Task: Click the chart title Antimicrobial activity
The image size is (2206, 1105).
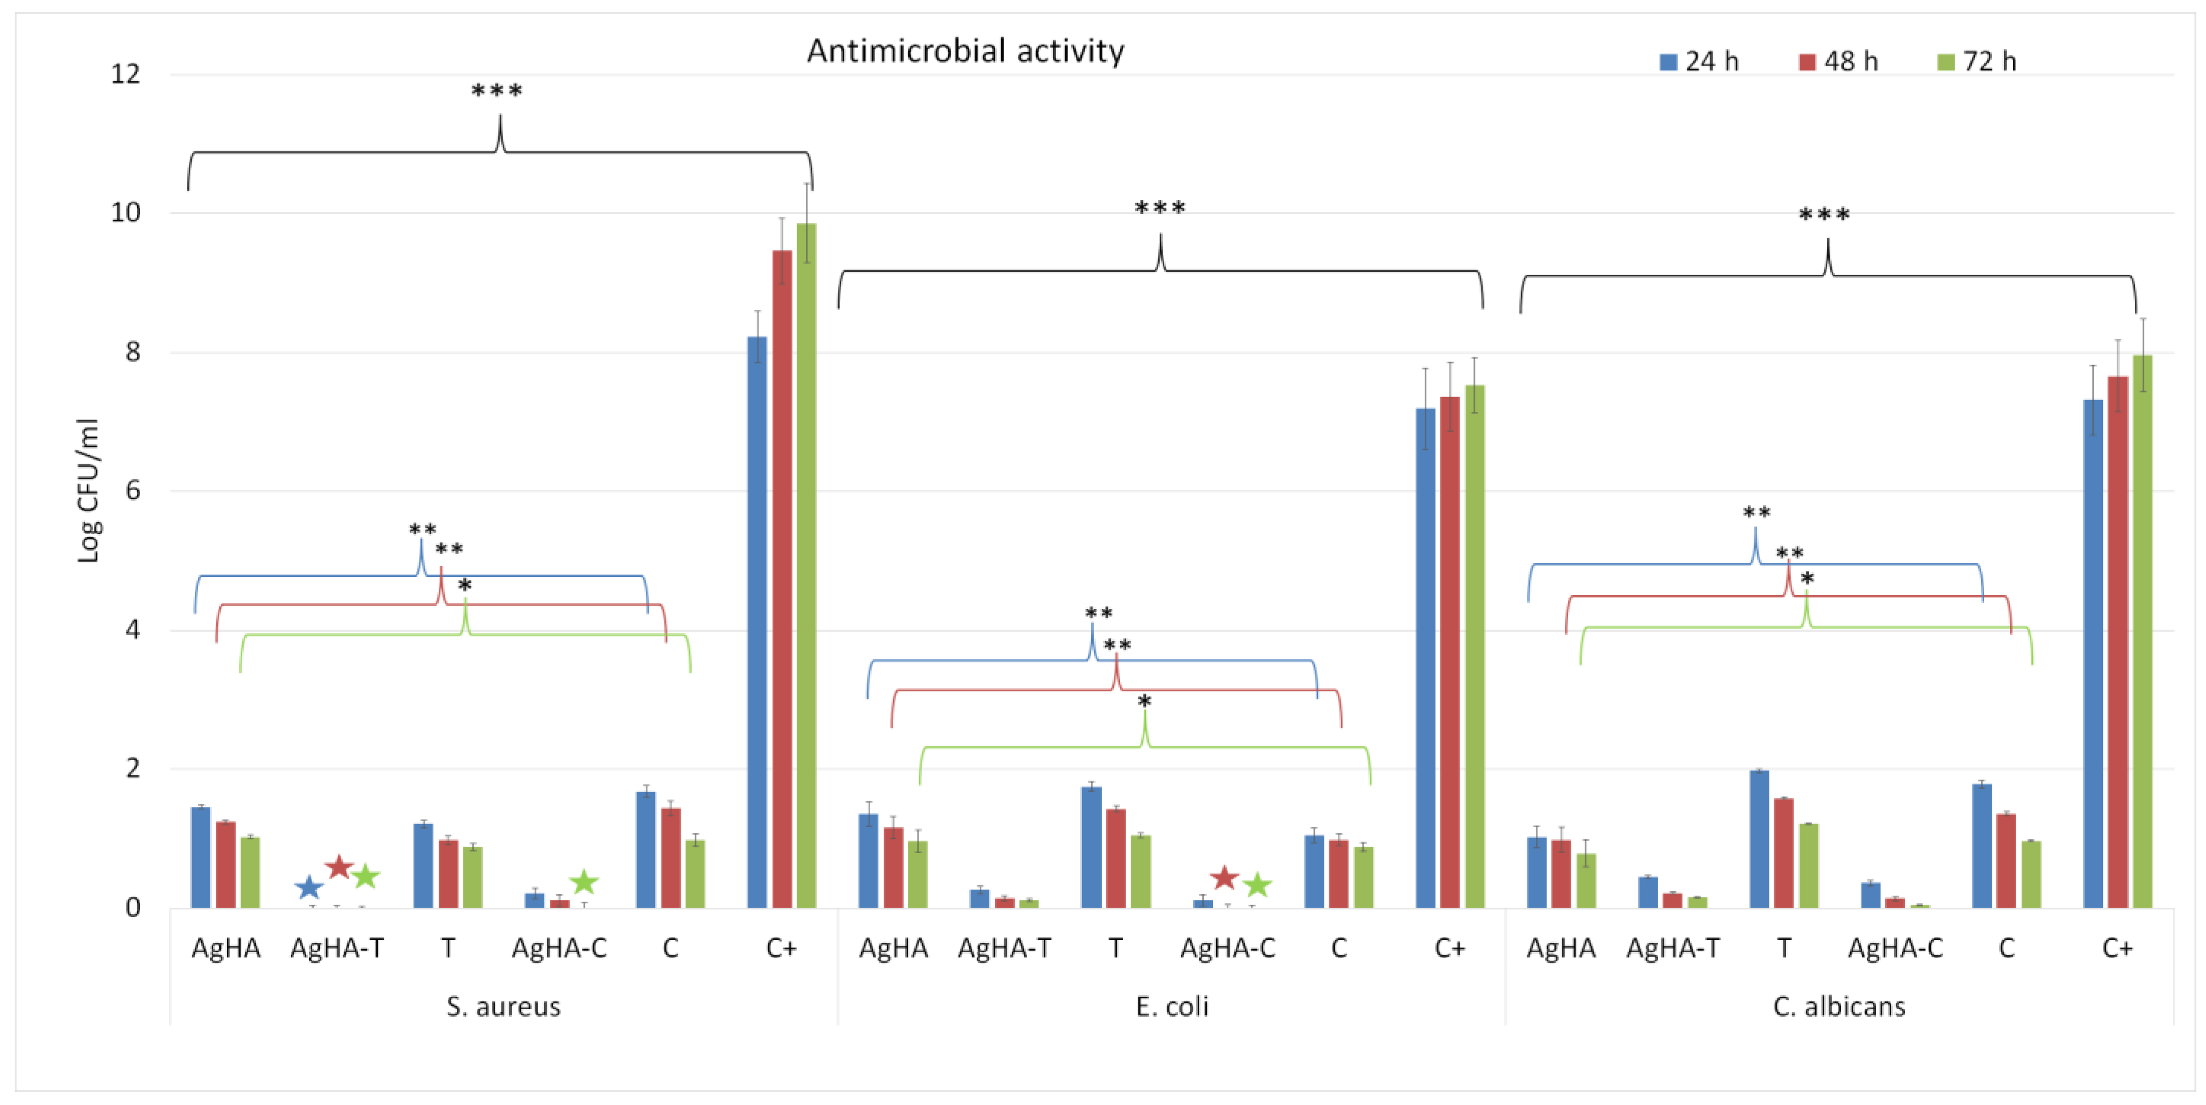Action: click(965, 51)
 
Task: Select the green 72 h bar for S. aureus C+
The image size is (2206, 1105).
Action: click(806, 565)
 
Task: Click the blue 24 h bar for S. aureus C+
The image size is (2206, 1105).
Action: click(757, 622)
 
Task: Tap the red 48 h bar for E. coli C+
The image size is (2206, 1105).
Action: click(1449, 651)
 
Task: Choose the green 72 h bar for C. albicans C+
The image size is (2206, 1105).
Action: click(2142, 631)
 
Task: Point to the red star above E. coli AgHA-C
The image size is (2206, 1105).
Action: click(1225, 877)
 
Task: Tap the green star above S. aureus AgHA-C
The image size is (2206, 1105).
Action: click(584, 882)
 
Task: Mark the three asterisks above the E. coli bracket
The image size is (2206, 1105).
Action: click(1160, 208)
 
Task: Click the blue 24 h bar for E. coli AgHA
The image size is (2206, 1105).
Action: click(868, 860)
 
